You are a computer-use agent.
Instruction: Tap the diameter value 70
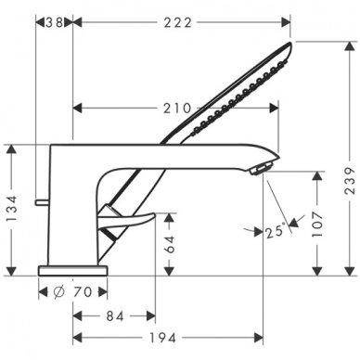tap(84, 291)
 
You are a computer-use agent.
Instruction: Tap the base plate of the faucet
tap(73, 269)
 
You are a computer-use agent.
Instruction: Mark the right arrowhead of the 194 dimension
tap(274, 338)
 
